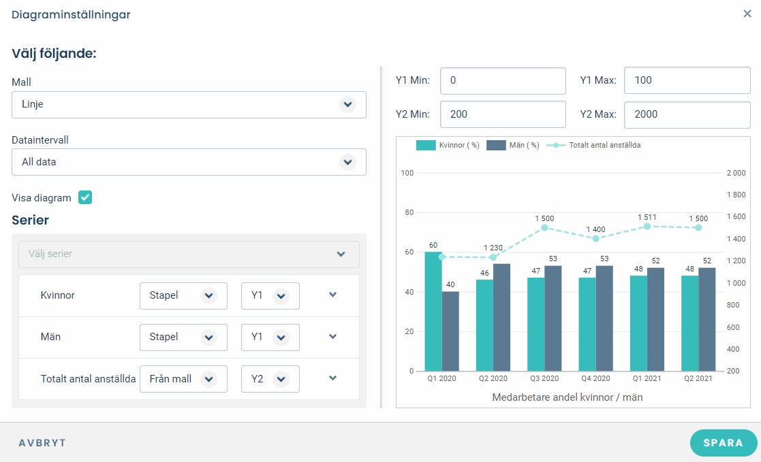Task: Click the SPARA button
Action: (x=723, y=443)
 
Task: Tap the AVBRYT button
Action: (x=42, y=443)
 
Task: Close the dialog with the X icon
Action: (x=747, y=14)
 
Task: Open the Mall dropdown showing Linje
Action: (x=189, y=105)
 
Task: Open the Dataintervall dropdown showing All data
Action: (x=189, y=162)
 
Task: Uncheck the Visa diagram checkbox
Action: (x=85, y=197)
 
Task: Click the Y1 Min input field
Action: (x=503, y=80)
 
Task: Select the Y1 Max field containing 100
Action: (x=687, y=80)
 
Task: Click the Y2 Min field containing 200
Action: (x=503, y=114)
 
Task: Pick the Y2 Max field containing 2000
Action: (x=687, y=114)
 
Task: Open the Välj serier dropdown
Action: (x=189, y=254)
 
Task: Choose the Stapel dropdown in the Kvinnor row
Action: (x=183, y=296)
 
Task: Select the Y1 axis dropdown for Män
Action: (x=270, y=337)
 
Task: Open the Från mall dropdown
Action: (x=183, y=379)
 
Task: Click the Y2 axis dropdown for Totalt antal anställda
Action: (x=270, y=379)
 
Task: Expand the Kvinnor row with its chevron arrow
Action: (x=333, y=295)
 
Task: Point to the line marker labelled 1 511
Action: (x=647, y=227)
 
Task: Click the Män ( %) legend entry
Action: (x=513, y=145)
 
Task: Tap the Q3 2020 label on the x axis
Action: (x=544, y=378)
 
